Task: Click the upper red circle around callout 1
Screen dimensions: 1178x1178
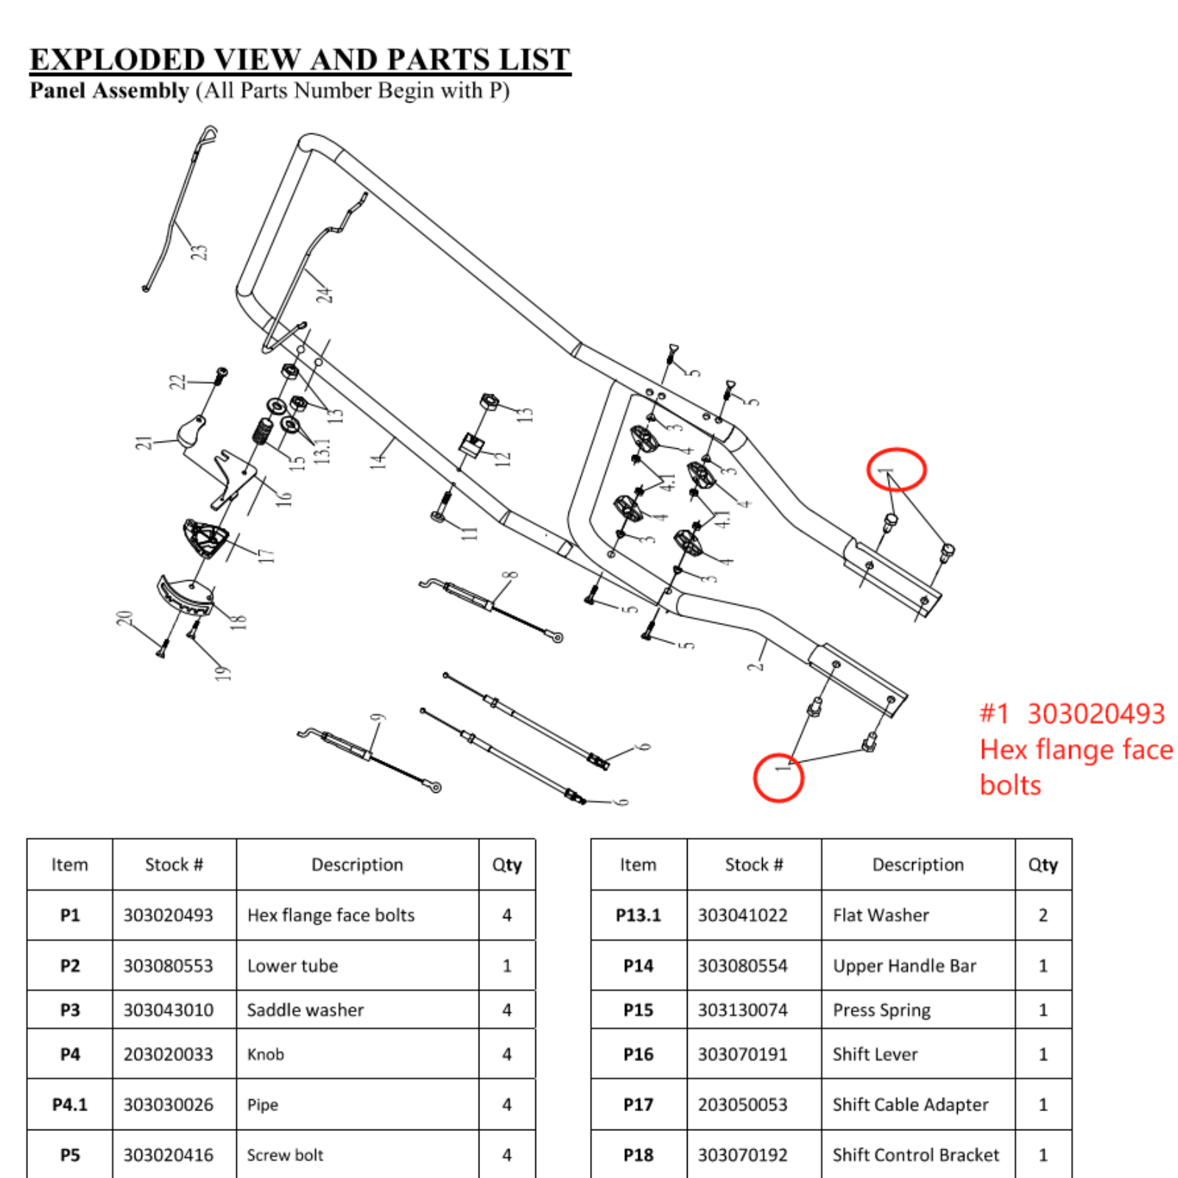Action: point(895,469)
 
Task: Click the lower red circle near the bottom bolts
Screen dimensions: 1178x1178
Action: point(778,777)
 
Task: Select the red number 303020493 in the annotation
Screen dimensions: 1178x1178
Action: point(1096,713)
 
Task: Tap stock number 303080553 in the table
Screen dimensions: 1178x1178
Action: point(168,965)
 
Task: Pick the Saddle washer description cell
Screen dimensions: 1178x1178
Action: point(306,1009)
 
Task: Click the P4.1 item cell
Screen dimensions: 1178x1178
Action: point(69,1104)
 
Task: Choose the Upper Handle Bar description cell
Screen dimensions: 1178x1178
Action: point(904,965)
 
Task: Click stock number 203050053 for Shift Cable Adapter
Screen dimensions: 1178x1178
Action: point(742,1104)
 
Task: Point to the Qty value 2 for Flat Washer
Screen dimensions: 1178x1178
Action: point(1043,915)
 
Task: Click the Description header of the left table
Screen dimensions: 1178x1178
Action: point(357,864)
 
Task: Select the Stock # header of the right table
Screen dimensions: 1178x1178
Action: point(754,864)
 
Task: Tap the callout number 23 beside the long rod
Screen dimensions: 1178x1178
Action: point(200,253)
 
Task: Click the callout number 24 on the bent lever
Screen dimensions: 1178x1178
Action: point(325,294)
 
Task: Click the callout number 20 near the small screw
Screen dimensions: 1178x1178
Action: point(124,618)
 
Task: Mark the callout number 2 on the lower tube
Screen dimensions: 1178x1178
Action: point(755,666)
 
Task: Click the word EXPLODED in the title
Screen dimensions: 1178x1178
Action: point(117,59)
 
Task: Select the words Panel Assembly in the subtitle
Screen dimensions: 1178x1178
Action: point(109,91)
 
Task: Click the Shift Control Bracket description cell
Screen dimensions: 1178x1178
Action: point(915,1154)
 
